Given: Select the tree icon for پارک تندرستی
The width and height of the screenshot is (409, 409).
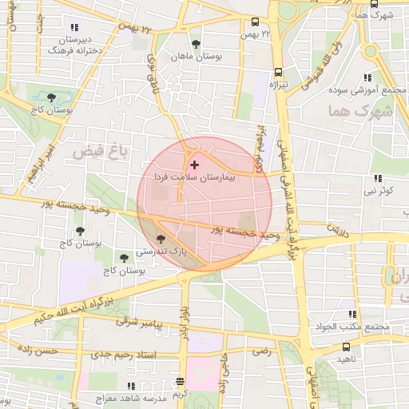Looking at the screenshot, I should tap(161, 238).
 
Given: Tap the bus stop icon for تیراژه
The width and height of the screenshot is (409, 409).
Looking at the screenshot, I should tap(279, 71).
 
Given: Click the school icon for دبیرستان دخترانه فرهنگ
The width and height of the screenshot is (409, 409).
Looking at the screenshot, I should tap(75, 28).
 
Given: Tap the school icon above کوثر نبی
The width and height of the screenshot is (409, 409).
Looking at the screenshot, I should tap(377, 178).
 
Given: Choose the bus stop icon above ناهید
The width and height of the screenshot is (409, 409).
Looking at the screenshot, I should tap(346, 347).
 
